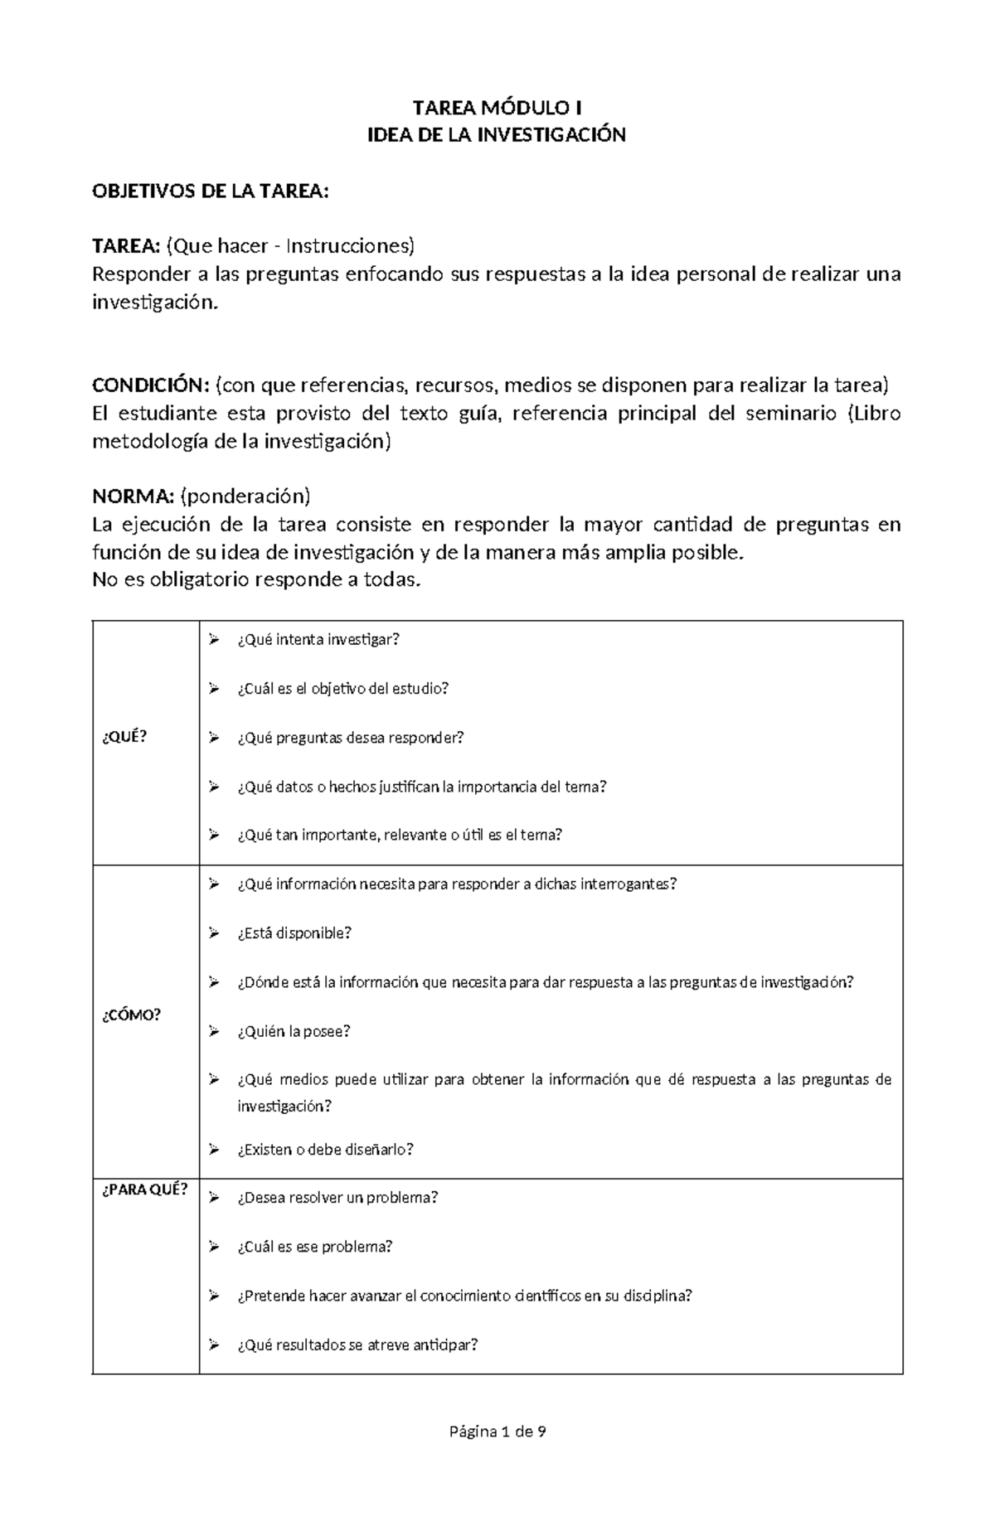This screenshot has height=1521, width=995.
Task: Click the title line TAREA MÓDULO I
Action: point(498,108)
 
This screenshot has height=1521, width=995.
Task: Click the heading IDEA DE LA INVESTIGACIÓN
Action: point(497,135)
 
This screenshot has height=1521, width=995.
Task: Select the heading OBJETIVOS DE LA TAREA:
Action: point(211,191)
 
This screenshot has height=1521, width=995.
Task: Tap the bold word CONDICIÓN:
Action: point(151,385)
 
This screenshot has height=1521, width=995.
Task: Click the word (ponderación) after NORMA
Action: point(245,497)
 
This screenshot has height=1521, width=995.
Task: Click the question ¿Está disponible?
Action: point(294,933)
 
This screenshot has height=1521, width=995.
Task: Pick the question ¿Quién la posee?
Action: point(294,1031)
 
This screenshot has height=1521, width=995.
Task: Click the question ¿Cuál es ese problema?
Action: point(314,1247)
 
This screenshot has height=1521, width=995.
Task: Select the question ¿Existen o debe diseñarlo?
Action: point(325,1150)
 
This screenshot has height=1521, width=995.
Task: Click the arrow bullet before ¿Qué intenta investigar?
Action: point(214,639)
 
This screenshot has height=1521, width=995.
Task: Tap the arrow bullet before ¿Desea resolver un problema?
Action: point(214,1198)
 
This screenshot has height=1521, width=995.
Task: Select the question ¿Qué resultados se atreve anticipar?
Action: point(357,1344)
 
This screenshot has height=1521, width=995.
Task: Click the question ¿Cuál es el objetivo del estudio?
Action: point(342,688)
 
